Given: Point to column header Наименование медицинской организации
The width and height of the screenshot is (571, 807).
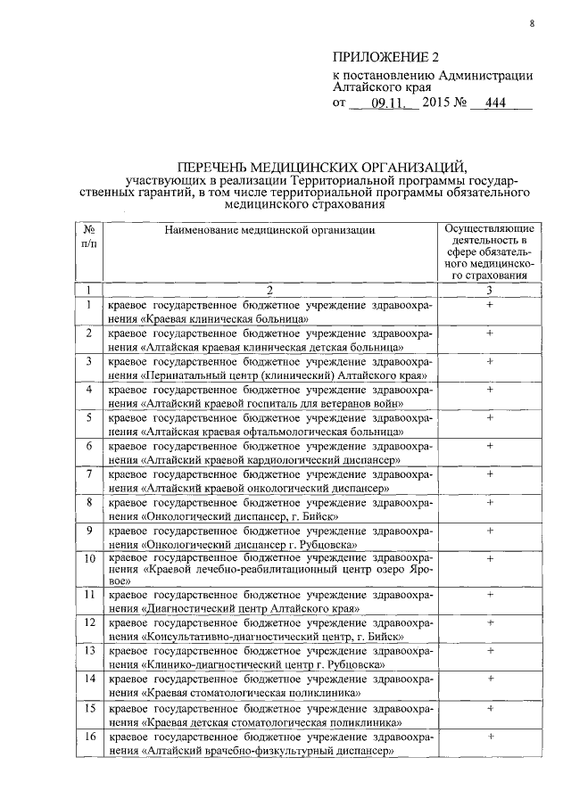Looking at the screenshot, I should (269, 229).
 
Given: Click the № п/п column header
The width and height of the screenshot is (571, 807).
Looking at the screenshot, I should (89, 236).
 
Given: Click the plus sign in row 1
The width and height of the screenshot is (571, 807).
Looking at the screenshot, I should (490, 305).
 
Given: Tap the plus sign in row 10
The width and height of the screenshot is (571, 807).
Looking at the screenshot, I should (490, 559).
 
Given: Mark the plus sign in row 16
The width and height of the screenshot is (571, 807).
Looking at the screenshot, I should (490, 737).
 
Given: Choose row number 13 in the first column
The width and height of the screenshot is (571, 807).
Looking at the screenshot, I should (89, 651).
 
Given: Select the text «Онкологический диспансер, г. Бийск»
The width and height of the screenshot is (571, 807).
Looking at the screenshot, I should (238, 515).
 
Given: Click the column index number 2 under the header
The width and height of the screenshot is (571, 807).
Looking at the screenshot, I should (269, 290).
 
